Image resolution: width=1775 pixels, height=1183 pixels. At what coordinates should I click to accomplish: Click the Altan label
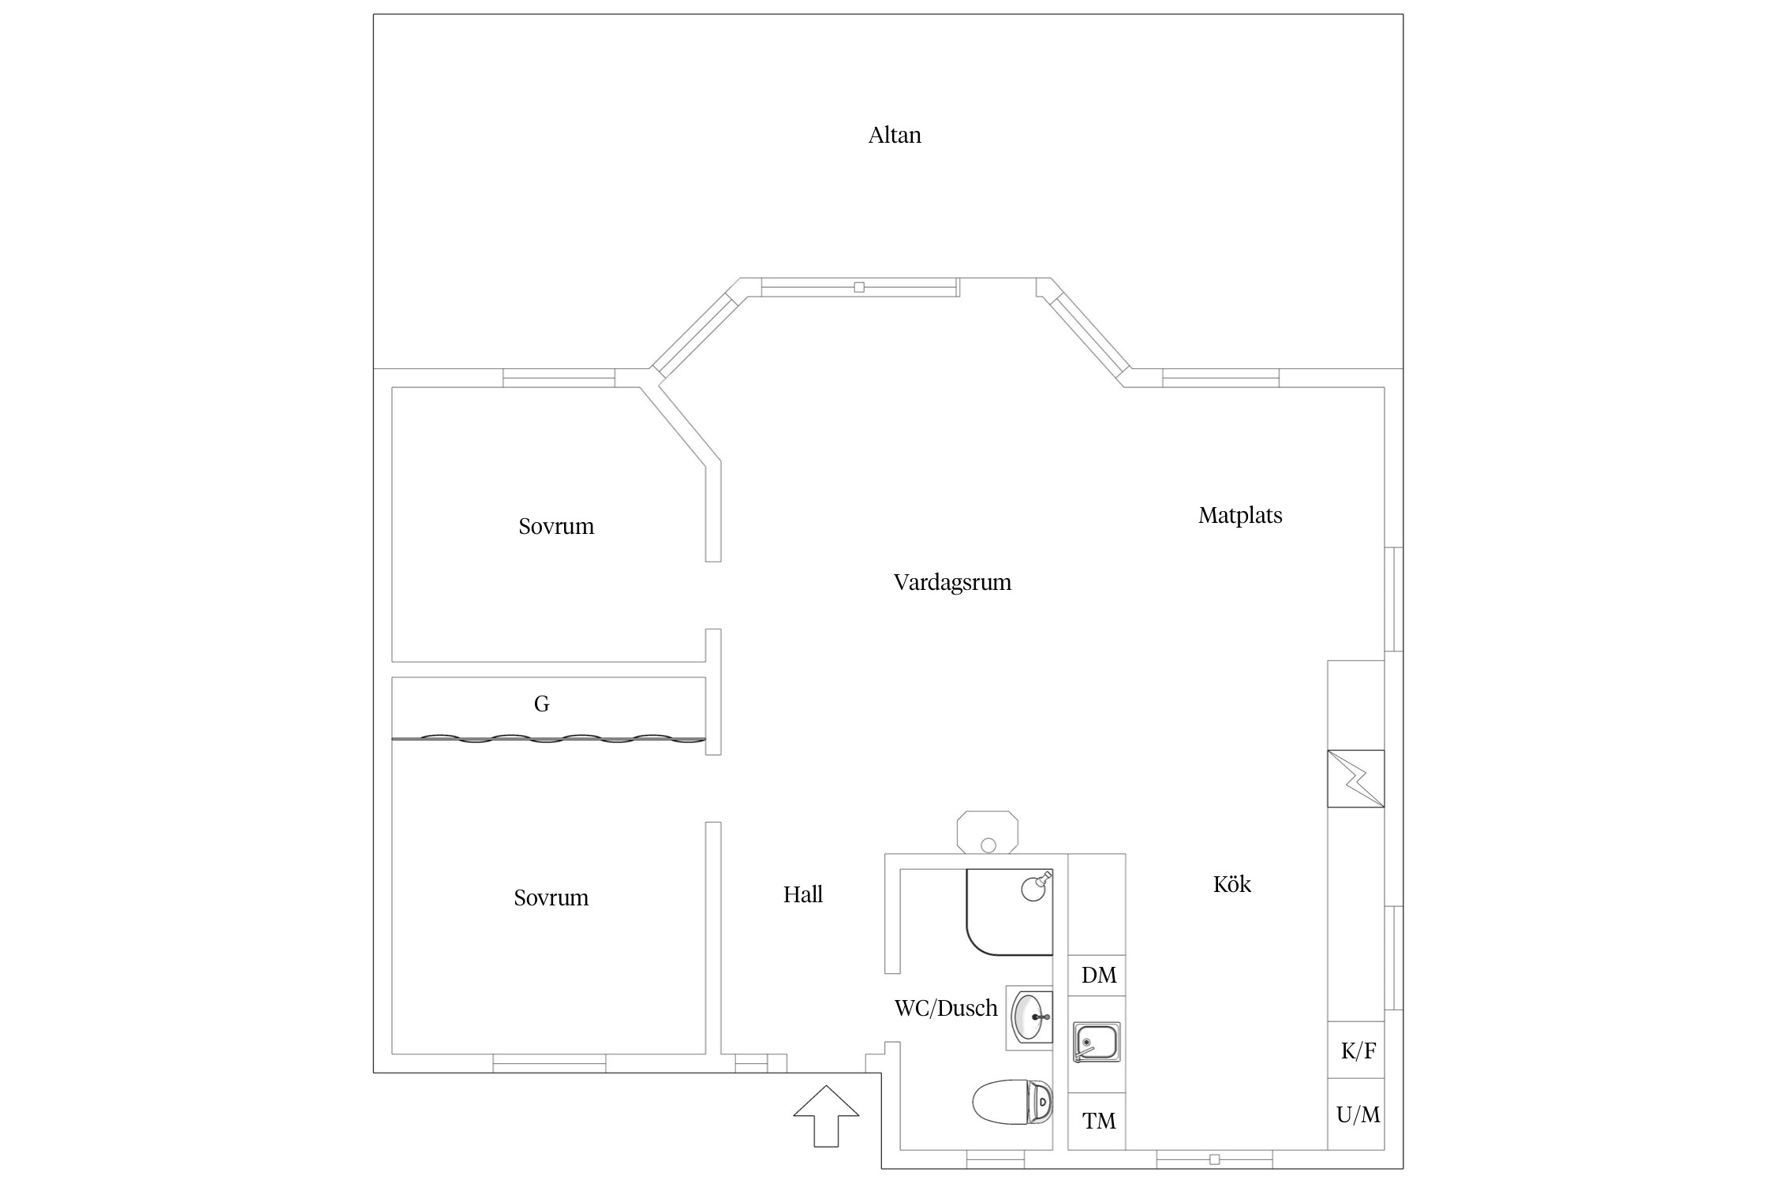[895, 136]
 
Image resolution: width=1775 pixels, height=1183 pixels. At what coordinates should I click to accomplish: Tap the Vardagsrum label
[952, 583]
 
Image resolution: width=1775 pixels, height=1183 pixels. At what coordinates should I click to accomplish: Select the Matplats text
[1240, 516]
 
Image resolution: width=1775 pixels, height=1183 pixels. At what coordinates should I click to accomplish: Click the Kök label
[1231, 884]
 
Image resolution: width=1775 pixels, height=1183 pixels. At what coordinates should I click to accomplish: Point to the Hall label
[802, 894]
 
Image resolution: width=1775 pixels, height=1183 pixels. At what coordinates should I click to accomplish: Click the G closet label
[541, 704]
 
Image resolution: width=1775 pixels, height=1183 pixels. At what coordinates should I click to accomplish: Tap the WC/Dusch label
[945, 1008]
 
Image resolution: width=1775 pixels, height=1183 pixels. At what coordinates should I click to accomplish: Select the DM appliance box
[1097, 976]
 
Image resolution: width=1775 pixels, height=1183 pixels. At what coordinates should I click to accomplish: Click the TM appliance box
[1097, 1121]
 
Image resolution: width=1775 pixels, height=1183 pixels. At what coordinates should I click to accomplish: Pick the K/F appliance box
[1357, 1051]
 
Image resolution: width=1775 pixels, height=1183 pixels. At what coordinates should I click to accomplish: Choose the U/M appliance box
[1357, 1114]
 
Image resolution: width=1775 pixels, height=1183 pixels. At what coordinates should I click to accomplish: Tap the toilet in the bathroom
[1013, 1102]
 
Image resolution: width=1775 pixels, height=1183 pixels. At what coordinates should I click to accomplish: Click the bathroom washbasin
[1030, 1017]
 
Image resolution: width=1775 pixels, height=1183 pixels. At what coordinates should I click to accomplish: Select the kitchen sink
[1097, 1042]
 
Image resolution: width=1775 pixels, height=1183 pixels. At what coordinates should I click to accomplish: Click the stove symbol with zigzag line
[1355, 778]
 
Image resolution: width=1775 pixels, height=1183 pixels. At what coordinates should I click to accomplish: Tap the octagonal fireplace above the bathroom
[988, 833]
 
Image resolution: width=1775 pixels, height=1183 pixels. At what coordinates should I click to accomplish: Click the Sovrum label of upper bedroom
[556, 527]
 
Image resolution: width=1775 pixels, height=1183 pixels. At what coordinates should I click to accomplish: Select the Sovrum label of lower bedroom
[551, 898]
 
